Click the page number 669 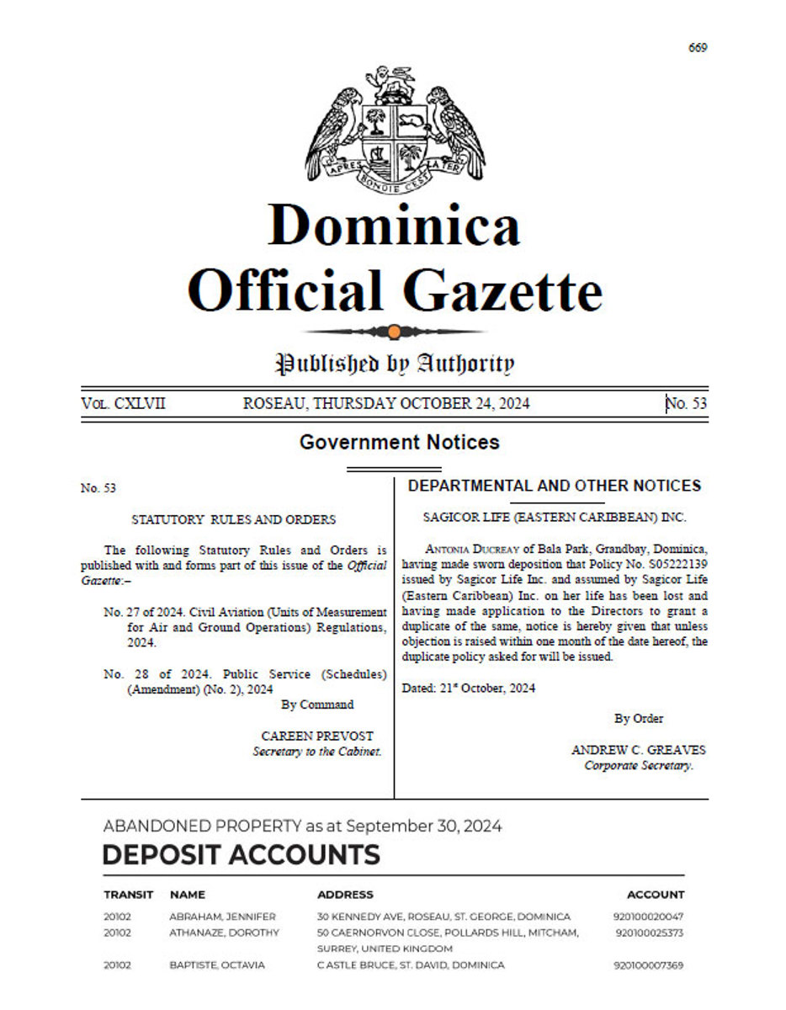point(697,47)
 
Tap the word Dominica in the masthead point(394,226)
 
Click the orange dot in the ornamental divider point(394,331)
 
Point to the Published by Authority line point(394,364)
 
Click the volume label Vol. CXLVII point(124,403)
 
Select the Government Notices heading point(399,442)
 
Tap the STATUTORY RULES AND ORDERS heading point(233,520)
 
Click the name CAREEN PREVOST point(317,736)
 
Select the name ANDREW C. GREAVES point(639,750)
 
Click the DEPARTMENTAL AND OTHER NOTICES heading point(554,486)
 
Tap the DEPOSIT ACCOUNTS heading point(241,855)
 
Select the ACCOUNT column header point(656,895)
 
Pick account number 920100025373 point(650,933)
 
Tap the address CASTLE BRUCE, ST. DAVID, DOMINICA point(411,965)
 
